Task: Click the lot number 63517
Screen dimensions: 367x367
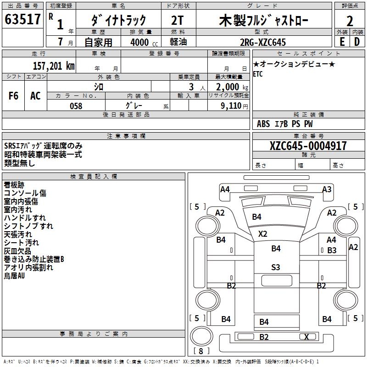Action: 23,21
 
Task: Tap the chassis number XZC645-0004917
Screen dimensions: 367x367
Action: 308,146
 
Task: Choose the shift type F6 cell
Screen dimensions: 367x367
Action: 13,96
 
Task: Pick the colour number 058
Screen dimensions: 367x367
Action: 76,106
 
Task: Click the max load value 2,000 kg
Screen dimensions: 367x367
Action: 229,87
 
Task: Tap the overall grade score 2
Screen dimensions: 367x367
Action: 350,21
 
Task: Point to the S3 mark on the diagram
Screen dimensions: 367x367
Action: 276,267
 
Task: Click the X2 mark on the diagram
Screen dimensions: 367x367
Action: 262,234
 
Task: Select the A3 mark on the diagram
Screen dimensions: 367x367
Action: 327,189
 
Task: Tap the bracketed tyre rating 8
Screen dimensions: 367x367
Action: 201,351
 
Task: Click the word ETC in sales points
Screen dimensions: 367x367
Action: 258,74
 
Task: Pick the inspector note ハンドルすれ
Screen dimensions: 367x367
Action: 25,217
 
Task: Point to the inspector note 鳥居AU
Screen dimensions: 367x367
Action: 14,276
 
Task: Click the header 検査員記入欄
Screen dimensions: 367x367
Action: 94,176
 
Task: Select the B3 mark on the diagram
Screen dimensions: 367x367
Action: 332,250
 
